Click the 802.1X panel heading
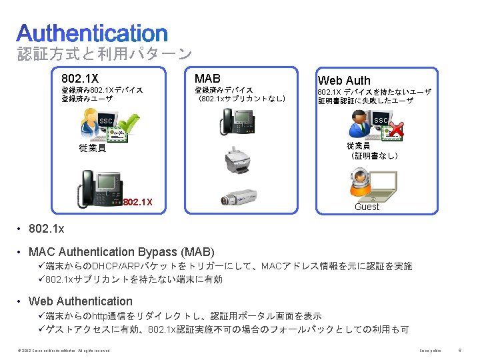[80, 78]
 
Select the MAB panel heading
[207, 78]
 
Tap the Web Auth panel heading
[344, 80]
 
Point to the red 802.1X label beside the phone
[138, 202]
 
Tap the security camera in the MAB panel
[237, 198]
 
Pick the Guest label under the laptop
[367, 207]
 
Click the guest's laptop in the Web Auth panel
[384, 185]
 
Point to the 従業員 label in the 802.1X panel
[92, 148]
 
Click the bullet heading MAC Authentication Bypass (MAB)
[121, 252]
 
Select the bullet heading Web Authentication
[81, 301]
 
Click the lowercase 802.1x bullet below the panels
[47, 229]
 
